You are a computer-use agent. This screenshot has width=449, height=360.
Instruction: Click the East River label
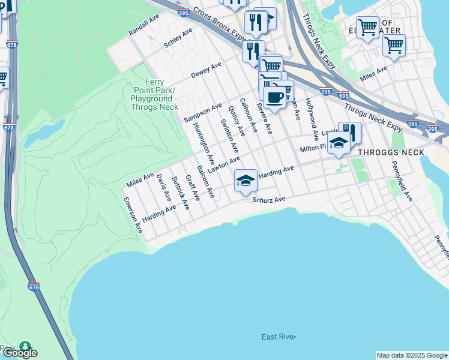tap(279, 337)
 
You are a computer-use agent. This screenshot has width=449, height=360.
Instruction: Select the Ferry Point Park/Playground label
tap(155, 94)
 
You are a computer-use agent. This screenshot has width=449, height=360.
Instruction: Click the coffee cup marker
tap(275, 97)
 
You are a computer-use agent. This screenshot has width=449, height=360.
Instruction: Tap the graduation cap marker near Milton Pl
tap(339, 143)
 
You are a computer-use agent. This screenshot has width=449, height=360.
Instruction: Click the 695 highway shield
tap(343, 95)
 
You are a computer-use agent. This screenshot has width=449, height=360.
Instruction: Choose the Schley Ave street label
tap(178, 38)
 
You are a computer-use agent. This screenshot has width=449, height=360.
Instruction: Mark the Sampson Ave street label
tap(203, 111)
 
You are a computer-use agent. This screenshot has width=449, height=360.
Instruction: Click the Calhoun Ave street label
tap(248, 115)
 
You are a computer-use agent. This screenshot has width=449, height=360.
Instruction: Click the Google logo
tap(20, 353)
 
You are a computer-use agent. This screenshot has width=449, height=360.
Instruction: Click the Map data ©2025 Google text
tap(412, 355)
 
